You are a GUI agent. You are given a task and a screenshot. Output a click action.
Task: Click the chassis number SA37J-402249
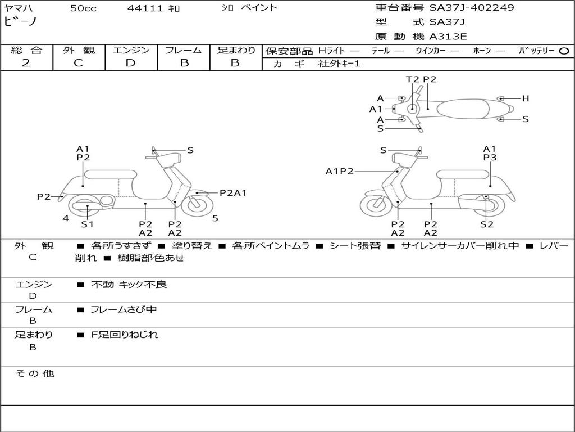[x=472, y=8]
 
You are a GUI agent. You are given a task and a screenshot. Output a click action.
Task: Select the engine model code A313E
[x=448, y=37]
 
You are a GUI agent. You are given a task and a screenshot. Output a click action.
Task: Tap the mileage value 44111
[x=145, y=8]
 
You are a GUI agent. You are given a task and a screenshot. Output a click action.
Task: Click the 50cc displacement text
[x=83, y=8]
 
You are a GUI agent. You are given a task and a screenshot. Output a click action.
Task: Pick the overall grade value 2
[x=26, y=63]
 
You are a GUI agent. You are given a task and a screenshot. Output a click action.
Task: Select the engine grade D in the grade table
[x=130, y=63]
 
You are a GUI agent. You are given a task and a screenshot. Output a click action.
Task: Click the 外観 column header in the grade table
[x=79, y=50]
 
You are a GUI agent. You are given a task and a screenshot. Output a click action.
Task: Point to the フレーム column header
[x=184, y=50]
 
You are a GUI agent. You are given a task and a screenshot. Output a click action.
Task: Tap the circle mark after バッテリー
[x=564, y=51]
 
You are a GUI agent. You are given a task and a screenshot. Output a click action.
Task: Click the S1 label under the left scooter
[x=87, y=224]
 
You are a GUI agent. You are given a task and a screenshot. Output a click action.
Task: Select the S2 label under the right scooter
[x=487, y=224]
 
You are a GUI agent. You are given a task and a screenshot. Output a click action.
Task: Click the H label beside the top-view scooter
[x=526, y=98]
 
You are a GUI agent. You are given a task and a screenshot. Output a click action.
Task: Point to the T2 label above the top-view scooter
[x=413, y=79]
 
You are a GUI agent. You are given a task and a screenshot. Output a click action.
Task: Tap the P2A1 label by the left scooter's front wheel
[x=233, y=193]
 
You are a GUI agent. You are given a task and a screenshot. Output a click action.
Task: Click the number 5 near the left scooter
[x=215, y=218]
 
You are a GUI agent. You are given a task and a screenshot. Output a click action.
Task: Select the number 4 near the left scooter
[x=66, y=218]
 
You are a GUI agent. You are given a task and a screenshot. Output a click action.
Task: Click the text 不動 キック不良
[x=129, y=285]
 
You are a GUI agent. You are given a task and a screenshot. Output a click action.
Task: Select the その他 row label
[x=34, y=373]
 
